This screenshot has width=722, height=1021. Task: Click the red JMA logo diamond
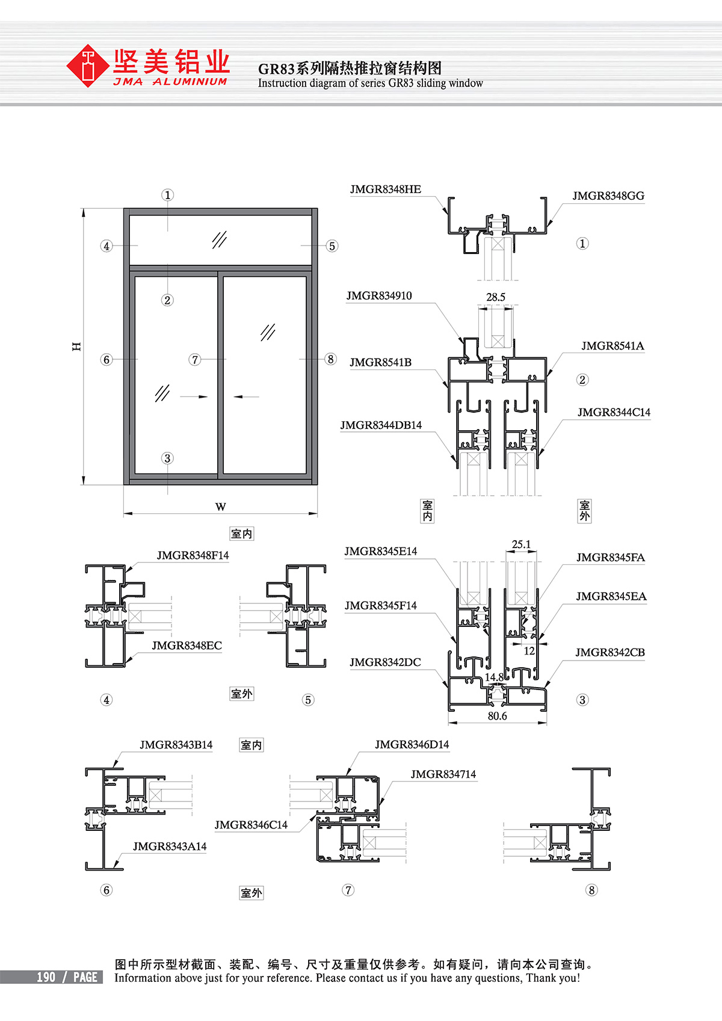tap(88, 66)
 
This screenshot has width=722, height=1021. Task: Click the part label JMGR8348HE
tap(386, 190)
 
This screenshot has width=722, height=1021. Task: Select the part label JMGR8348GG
tap(608, 196)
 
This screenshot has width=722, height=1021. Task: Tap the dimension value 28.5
tap(496, 297)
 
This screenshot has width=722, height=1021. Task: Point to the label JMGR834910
tap(379, 296)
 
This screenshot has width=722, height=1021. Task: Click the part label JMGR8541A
tap(612, 346)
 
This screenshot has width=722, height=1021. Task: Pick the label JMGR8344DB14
tap(381, 425)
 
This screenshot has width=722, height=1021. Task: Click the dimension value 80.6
tap(497, 716)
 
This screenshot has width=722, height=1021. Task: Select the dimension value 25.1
tap(521, 544)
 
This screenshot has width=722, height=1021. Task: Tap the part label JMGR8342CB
tap(609, 653)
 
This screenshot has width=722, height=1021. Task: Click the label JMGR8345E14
tap(380, 552)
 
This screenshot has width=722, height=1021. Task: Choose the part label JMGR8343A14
tap(170, 847)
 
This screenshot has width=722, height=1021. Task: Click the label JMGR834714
tap(443, 774)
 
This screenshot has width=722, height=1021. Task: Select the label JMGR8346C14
tap(251, 825)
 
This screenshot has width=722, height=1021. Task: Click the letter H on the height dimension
tap(76, 347)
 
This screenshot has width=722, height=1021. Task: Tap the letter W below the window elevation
tap(221, 507)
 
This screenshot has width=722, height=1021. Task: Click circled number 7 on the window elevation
tap(194, 360)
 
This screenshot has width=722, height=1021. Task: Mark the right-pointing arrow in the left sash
tap(194, 397)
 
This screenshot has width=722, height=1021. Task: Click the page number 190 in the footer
tap(46, 978)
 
